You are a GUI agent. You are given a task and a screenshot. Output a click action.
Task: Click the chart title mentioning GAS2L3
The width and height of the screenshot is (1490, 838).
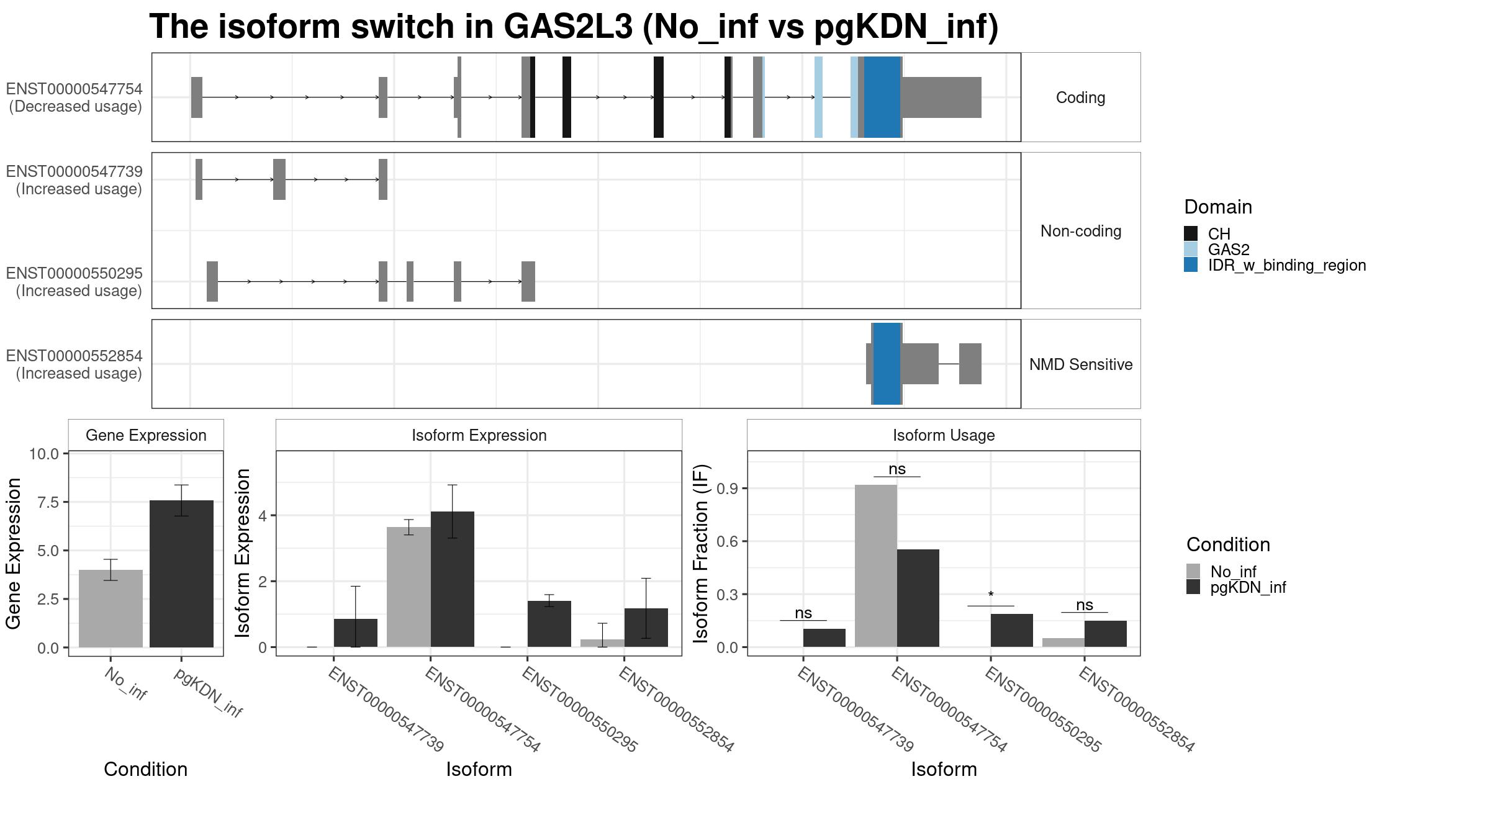click(x=574, y=27)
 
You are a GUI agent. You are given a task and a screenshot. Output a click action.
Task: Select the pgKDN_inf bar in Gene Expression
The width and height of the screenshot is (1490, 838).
click(x=181, y=574)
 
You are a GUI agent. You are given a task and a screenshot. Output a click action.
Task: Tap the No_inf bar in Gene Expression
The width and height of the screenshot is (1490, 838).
click(x=111, y=608)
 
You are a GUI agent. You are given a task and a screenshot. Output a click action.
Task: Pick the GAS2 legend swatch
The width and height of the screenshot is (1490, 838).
click(x=1191, y=250)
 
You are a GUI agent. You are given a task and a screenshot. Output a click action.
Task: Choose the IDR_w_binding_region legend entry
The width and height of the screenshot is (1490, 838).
click(x=1275, y=265)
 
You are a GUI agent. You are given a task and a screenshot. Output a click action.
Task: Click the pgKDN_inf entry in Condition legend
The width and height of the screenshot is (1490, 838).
click(x=1235, y=587)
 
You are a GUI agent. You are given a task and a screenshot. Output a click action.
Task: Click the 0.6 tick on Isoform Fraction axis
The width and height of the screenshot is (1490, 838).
click(x=728, y=541)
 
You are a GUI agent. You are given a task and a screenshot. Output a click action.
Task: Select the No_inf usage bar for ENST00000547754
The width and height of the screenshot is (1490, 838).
click(x=876, y=565)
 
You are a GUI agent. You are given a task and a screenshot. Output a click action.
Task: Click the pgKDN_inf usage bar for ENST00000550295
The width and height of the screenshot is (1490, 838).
click(x=1012, y=631)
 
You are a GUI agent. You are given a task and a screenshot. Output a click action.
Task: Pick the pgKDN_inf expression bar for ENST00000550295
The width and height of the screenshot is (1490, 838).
click(x=549, y=624)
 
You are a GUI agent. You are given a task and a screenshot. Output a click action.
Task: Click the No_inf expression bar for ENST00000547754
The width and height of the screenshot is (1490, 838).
click(x=409, y=587)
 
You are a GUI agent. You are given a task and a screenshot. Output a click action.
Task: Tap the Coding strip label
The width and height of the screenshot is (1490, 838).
click(x=1080, y=97)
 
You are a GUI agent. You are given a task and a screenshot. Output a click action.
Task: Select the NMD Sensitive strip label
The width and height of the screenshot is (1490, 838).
click(x=1081, y=364)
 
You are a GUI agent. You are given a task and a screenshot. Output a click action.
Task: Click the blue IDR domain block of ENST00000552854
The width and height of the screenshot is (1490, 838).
click(x=887, y=364)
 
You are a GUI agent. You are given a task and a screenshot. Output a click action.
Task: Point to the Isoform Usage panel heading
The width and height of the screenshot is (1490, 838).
click(x=944, y=435)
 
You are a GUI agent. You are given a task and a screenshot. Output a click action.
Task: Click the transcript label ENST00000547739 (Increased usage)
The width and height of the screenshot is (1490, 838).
click(x=74, y=180)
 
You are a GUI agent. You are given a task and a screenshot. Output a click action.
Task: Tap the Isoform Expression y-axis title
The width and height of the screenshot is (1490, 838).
click(x=243, y=552)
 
